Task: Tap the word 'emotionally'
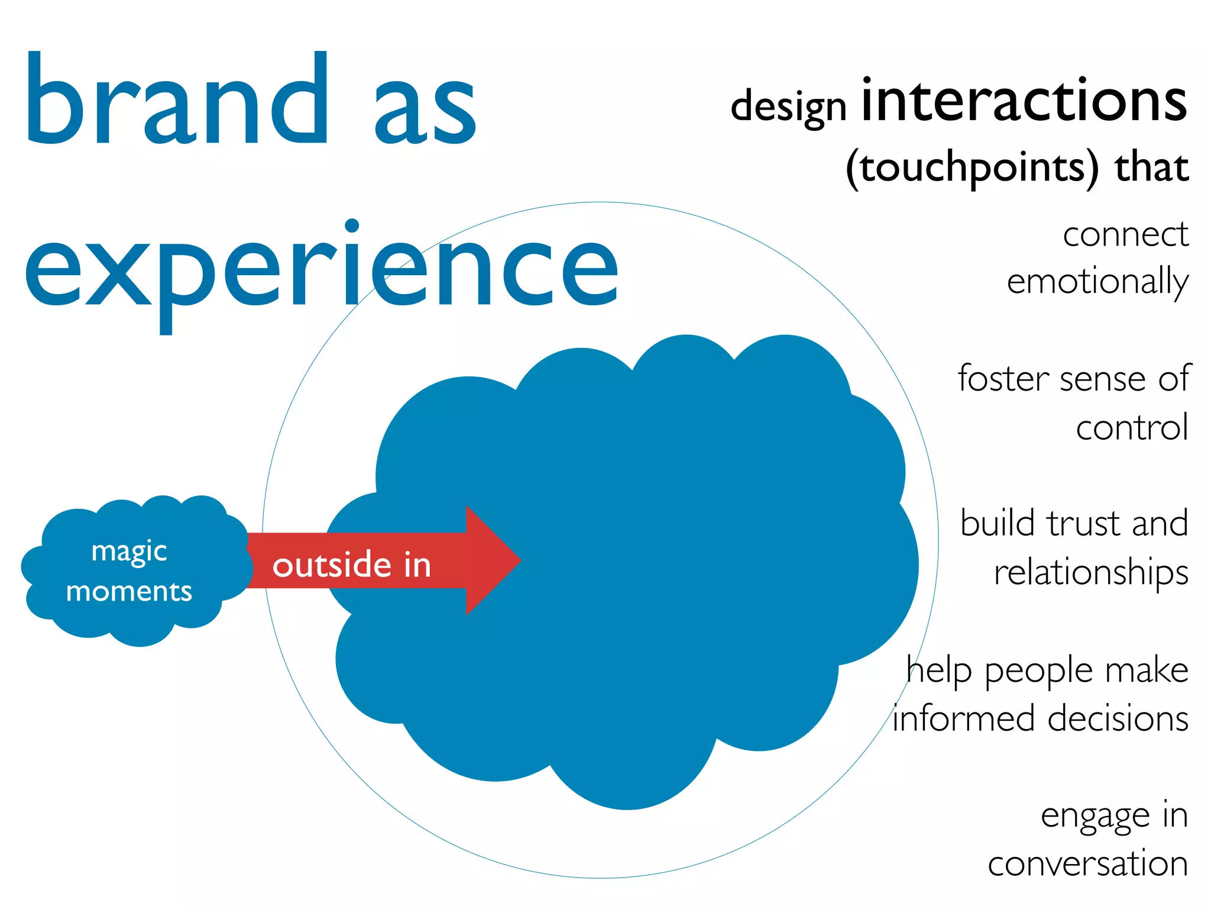pos(1097,282)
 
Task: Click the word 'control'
pos(1132,427)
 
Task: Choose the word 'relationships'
pos(1091,573)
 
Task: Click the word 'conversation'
pos(1088,865)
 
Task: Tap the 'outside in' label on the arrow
pos(352,565)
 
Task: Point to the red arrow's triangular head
pos(491,560)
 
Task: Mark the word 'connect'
pos(1125,235)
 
